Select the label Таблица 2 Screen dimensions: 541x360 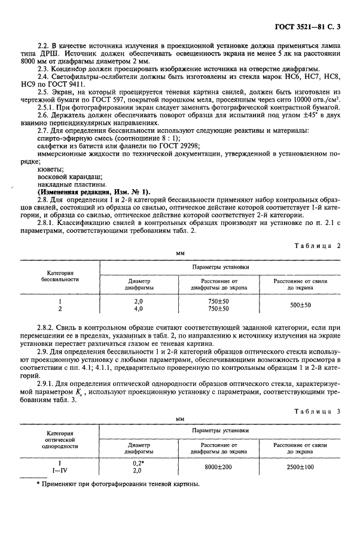pyautogui.click(x=322, y=245)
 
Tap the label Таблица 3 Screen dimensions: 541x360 pyautogui.click(x=322, y=409)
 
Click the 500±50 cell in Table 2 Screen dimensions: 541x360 pyautogui.click(x=301, y=305)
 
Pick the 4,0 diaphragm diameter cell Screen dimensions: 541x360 pyautogui.click(x=139, y=309)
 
